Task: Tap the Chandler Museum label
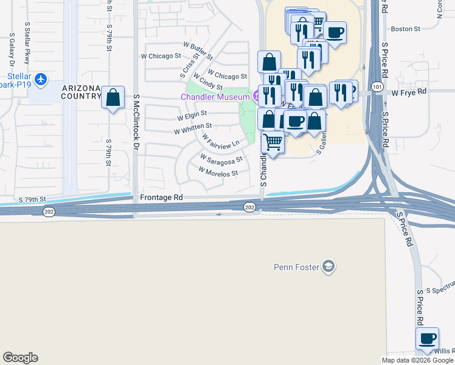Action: pos(215,97)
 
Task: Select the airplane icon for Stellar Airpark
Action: pos(40,78)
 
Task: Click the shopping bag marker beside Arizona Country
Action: pos(113,98)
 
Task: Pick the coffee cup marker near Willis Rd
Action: pos(427,338)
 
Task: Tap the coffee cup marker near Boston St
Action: pos(335,32)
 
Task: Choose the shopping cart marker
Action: pos(273,142)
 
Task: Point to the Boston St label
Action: pos(405,29)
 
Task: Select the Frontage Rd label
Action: pos(161,198)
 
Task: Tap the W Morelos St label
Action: pos(218,173)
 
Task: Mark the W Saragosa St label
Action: pos(222,159)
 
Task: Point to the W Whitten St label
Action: pos(193,128)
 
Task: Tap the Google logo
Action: pos(20,358)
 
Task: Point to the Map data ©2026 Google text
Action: pos(417,360)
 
